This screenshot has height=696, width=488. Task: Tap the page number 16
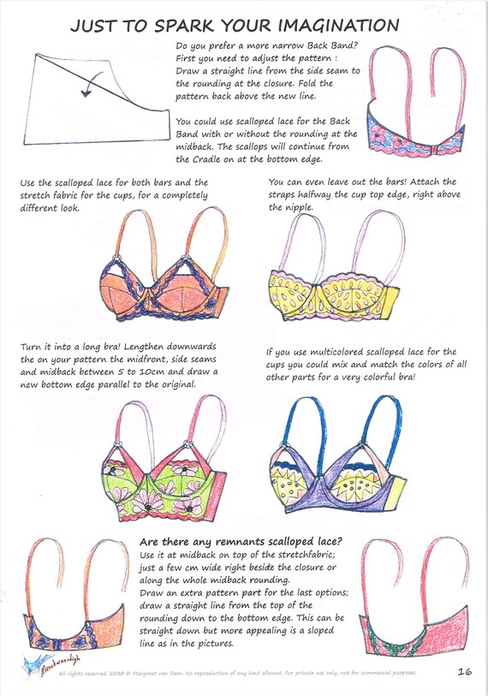pyautogui.click(x=465, y=672)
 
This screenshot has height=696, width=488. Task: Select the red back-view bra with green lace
pyautogui.click(x=415, y=604)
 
